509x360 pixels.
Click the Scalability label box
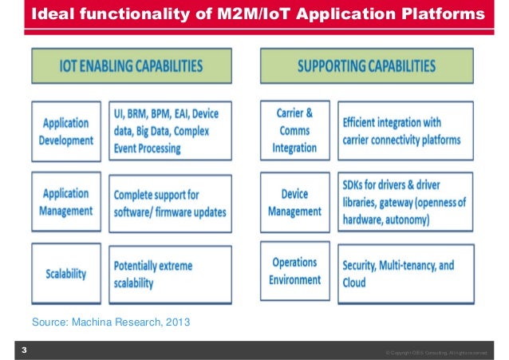coord(67,272)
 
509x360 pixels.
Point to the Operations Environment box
coord(295,272)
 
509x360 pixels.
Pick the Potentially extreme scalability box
coord(170,272)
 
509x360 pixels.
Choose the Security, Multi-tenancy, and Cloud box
coord(408,272)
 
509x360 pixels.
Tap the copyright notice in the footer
coord(441,352)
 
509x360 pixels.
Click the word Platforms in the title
coord(445,15)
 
